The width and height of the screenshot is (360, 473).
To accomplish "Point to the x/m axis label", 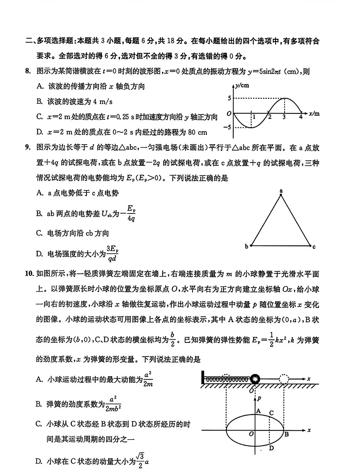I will pyautogui.click(x=314, y=114).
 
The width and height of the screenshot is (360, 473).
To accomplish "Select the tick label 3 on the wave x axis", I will pyautogui.click(x=284, y=117).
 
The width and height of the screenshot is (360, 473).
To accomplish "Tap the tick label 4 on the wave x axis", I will pyautogui.click(x=301, y=117).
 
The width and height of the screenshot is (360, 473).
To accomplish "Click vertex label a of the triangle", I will pyautogui.click(x=281, y=191).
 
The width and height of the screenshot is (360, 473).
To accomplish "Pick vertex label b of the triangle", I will pyautogui.click(x=246, y=247).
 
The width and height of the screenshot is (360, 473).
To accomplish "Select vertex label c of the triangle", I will pyautogui.click(x=314, y=247).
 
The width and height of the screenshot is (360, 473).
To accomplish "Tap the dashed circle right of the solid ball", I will pyautogui.click(x=284, y=379).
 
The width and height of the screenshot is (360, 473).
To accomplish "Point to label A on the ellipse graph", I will pyautogui.click(x=258, y=411).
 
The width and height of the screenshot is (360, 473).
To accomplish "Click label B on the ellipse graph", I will pyautogui.click(x=286, y=434).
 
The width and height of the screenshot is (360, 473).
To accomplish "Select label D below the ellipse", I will pyautogui.click(x=271, y=448).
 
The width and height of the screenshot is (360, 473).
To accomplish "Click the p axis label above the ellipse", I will pyautogui.click(x=259, y=398).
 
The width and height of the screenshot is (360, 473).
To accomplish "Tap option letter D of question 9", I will pyautogui.click(x=39, y=254).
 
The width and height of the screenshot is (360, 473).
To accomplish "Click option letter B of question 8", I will pyautogui.click(x=39, y=102).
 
